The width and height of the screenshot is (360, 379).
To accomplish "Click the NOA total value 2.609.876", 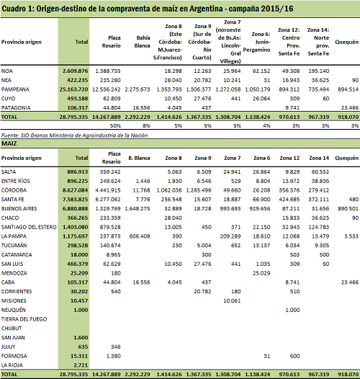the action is point(75,71).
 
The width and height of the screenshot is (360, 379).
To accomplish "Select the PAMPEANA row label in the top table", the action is point(15,89).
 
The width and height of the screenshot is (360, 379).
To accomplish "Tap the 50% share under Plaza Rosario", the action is point(115,125).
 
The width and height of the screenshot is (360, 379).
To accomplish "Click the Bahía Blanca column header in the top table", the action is point(143,42).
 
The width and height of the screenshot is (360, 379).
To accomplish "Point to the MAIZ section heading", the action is point(9,143).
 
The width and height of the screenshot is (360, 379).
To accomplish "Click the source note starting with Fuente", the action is point(74,135).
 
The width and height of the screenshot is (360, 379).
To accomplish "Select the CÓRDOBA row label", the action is point(14,190).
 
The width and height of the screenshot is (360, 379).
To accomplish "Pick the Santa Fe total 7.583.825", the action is point(75,200).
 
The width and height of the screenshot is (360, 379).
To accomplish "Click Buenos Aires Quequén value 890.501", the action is point(348,209).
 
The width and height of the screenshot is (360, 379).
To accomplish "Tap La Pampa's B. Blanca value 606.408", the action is point(140,236).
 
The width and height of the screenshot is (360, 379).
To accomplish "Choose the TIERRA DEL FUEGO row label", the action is point(24,319).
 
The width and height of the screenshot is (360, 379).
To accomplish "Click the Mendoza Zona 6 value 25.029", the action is point(261,273).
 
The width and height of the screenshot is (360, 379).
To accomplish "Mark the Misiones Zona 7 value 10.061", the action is point(232,300).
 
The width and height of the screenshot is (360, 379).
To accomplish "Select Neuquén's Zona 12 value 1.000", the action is point(292,310).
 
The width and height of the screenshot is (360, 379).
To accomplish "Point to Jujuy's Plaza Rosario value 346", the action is point(115,347).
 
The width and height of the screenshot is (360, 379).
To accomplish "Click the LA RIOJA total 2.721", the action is point(81,365).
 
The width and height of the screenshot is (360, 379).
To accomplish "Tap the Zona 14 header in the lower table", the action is point(319,158).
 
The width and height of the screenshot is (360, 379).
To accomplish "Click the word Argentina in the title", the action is point(206,9).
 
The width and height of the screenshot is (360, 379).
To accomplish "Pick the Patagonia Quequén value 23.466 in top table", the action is point(350,108).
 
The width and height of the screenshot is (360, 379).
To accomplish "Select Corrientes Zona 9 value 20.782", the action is point(202,292).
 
